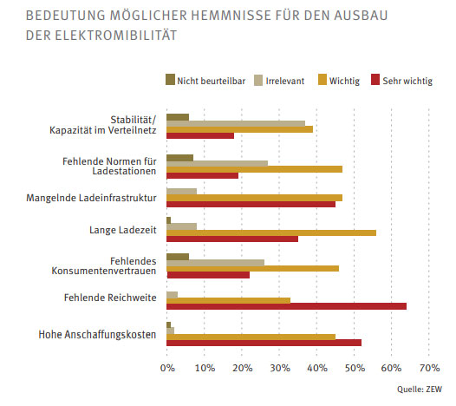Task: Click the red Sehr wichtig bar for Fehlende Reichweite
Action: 286,306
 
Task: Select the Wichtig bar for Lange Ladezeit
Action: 271,232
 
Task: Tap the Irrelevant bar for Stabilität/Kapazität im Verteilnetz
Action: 236,124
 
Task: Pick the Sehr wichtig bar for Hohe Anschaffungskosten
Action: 264,343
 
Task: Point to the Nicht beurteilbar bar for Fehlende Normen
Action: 180,158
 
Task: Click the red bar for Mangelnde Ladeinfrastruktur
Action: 251,204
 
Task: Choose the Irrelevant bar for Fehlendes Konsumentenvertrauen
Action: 216,263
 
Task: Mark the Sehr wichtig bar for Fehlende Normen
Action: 202,176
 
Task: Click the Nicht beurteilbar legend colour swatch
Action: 170,80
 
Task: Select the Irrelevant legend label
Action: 285,81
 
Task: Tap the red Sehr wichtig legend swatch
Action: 375,80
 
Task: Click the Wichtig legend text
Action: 344,82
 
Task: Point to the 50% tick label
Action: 355,368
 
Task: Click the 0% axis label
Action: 167,368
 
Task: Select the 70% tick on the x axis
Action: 429,368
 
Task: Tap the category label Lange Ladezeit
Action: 123,230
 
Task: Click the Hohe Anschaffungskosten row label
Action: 97,335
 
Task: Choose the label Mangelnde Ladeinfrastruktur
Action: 91,198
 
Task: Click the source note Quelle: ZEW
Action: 420,390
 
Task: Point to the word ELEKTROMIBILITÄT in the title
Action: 116,36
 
